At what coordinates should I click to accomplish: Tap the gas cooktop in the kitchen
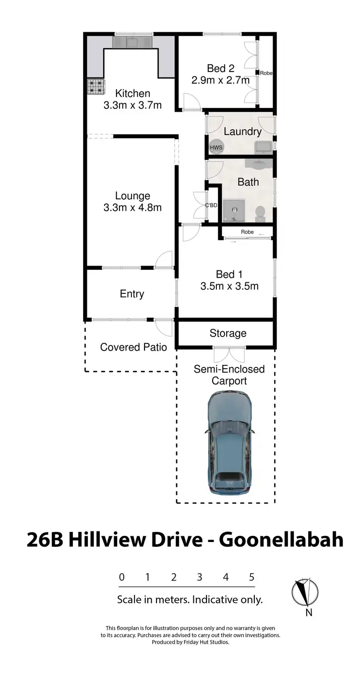click(x=96, y=86)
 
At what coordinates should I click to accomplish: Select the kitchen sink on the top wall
click(x=132, y=42)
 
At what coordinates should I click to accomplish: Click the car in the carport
click(x=229, y=445)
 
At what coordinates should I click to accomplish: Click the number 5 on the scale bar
click(x=252, y=577)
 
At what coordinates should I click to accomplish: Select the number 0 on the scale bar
click(x=122, y=577)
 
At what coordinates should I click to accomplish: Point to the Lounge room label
click(x=132, y=196)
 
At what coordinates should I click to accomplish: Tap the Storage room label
click(x=228, y=333)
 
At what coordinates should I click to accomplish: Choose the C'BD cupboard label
click(x=212, y=205)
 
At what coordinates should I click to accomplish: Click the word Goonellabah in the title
click(x=281, y=540)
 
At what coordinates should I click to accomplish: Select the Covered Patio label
click(x=133, y=347)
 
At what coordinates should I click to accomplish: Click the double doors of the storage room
click(x=229, y=354)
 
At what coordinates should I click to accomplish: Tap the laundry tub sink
click(x=264, y=146)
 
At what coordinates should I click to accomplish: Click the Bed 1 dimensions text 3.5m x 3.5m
click(x=229, y=287)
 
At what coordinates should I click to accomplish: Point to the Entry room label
click(x=132, y=294)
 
